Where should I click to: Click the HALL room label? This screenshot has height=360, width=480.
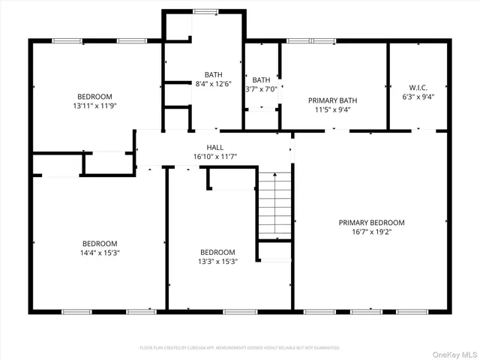point(214,148)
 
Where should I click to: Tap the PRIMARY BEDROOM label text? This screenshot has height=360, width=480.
point(371,223)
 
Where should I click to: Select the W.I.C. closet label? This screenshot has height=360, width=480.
point(418,86)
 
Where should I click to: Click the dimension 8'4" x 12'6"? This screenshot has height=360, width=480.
point(214,83)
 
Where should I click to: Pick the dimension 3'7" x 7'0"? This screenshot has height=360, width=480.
point(262,89)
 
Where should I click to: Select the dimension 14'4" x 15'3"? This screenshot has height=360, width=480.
point(100,253)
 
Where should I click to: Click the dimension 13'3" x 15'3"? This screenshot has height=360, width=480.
point(217,262)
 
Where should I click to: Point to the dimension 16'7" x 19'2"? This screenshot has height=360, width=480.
point(371,232)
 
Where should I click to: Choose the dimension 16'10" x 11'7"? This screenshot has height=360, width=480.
point(214,157)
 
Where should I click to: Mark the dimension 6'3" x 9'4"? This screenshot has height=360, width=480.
point(418,96)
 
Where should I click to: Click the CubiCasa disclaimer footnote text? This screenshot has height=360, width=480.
point(240,348)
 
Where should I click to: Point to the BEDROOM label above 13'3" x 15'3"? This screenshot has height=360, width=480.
point(217,252)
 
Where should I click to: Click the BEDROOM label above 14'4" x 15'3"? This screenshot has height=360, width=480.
point(100,243)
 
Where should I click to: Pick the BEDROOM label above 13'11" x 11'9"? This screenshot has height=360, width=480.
point(94,96)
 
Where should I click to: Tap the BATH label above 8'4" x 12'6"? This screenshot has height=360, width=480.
point(214,74)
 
